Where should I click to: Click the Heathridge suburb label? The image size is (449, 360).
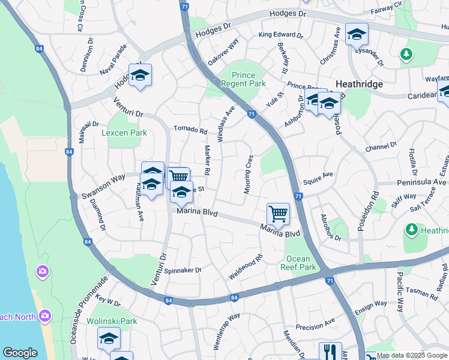pyautogui.click(x=359, y=85)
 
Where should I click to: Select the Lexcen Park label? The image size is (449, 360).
pyautogui.click(x=124, y=133)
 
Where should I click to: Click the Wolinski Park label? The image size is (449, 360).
pyautogui.click(x=112, y=321)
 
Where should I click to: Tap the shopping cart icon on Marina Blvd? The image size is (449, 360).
pyautogui.click(x=278, y=214)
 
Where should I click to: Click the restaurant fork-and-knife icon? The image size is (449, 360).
pyautogui.click(x=330, y=352)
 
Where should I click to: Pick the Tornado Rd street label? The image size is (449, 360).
pyautogui.click(x=190, y=130)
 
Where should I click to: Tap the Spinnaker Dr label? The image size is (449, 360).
pyautogui.click(x=182, y=270)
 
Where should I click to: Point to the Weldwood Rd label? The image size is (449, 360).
pyautogui.click(x=246, y=268)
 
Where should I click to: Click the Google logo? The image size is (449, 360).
pyautogui.click(x=20, y=353)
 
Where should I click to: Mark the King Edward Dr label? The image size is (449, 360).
pyautogui.click(x=280, y=35)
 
